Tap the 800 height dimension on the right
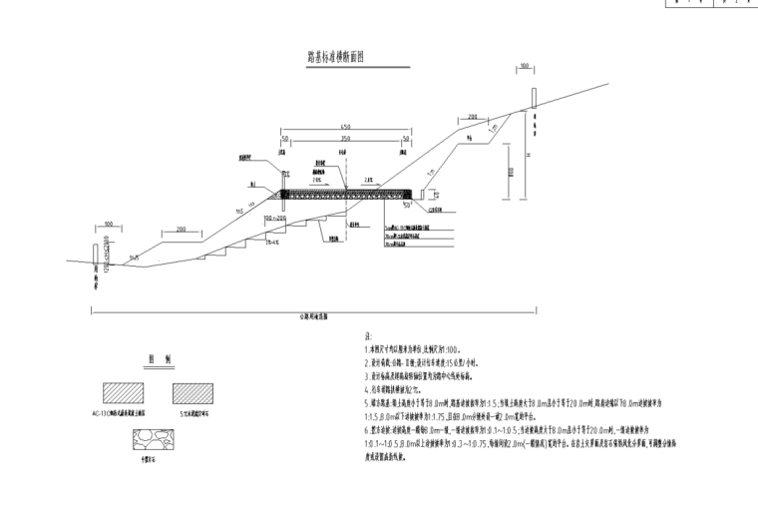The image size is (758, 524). point(509,171)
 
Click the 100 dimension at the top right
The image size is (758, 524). point(524,67)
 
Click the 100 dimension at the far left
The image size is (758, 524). point(107,224)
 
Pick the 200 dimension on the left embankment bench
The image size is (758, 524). point(182,230)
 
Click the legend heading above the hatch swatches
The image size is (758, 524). point(155,357)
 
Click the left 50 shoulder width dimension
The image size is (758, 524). point(284,139)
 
